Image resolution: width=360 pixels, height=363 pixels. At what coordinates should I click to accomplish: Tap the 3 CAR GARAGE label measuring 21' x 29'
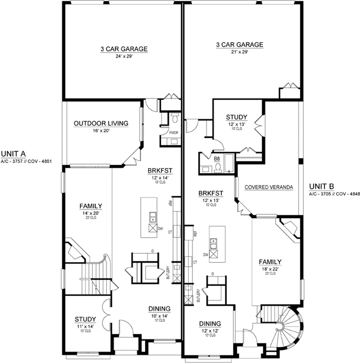pos(239,45)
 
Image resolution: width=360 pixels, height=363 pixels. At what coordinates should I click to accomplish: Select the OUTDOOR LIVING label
pos(101,123)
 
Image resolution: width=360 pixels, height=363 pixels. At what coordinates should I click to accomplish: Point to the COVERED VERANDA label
pos(269,187)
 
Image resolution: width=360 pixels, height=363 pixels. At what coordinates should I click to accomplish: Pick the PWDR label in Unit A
pos(174,133)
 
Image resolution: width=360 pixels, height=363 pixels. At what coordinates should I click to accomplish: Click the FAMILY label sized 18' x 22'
pos(270,262)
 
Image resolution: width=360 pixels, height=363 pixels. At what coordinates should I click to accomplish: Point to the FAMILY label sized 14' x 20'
pos(91,206)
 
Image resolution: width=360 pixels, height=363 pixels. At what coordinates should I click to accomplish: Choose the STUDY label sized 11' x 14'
pos(85,319)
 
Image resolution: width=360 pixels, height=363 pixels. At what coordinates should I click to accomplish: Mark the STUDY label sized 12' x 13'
pos(236,117)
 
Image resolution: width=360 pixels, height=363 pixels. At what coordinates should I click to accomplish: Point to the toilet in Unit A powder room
pos(174,118)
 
